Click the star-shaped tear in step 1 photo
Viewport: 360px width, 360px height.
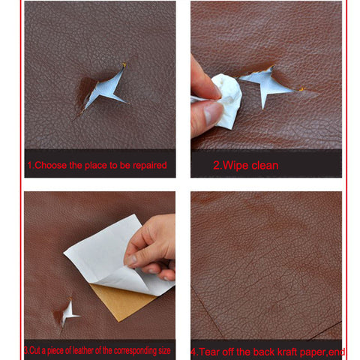104,89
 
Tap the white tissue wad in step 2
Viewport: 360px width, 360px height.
228,100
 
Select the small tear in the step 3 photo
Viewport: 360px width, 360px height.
69,313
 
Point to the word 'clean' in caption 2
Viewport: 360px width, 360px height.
265,166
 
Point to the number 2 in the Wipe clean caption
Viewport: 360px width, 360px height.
216,166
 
